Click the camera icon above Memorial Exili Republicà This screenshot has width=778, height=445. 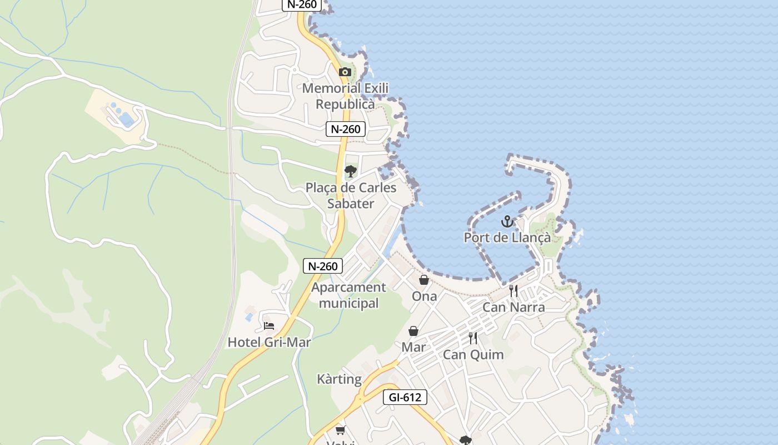(345, 72)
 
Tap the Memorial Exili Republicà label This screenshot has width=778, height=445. (345, 96)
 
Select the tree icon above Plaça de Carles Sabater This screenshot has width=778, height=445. (351, 171)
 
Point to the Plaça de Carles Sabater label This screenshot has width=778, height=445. (351, 195)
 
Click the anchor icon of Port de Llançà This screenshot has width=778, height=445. (507, 221)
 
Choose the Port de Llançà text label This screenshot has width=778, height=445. (507, 238)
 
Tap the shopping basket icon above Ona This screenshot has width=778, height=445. (424, 280)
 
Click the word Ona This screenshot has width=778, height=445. (424, 296)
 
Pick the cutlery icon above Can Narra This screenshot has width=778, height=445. (513, 290)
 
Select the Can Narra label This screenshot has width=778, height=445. (513, 307)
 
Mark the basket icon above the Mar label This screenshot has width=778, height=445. (413, 331)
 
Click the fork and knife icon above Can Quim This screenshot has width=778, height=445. (473, 338)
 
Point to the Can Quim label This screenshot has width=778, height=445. (473, 354)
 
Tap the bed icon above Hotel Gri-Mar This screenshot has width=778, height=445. (269, 325)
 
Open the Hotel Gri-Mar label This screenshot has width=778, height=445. (269, 342)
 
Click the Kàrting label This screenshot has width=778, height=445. (339, 379)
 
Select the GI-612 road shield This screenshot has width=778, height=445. (405, 397)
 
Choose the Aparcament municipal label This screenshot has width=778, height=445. (348, 295)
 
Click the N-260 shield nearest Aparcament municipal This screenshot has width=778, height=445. (323, 266)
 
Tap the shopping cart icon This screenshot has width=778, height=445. (340, 430)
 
